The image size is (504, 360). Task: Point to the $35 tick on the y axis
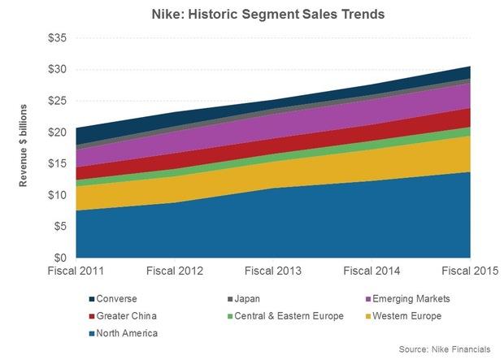point(58,38)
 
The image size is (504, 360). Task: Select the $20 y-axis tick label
point(58,132)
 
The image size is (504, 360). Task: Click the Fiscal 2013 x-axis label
point(273,270)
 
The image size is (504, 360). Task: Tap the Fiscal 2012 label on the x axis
point(174,270)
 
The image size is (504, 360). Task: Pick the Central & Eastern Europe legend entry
point(281,315)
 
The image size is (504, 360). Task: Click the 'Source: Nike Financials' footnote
point(445,349)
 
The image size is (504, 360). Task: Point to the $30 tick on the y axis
point(58,70)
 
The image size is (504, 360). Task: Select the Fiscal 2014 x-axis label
point(371,270)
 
